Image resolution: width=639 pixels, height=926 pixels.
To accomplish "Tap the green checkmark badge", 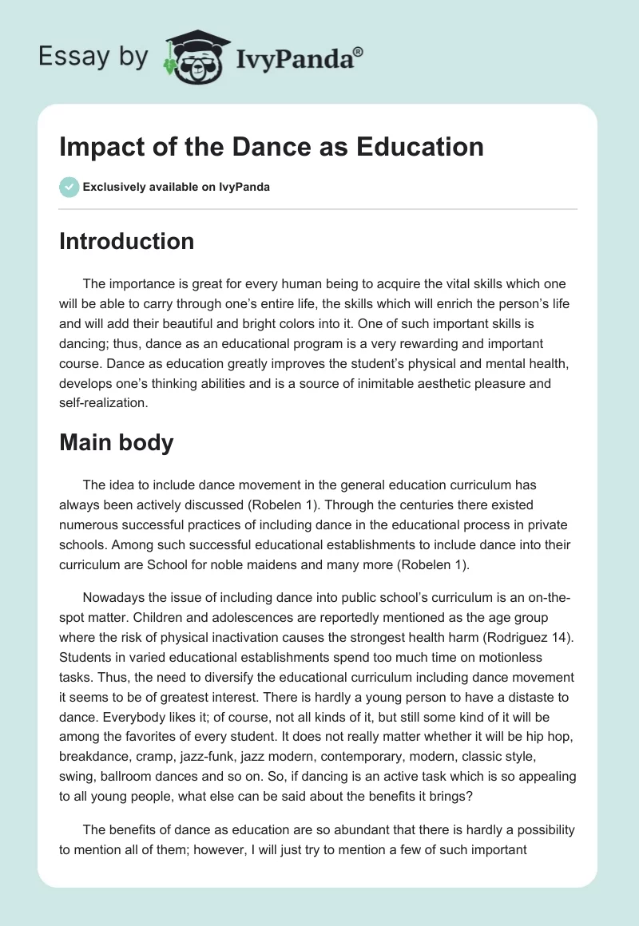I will (69, 187).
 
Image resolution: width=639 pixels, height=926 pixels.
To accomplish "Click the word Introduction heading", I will (126, 241).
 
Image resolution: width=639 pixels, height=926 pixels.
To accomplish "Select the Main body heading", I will (116, 441).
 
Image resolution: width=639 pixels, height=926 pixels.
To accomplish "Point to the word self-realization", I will (104, 402).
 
